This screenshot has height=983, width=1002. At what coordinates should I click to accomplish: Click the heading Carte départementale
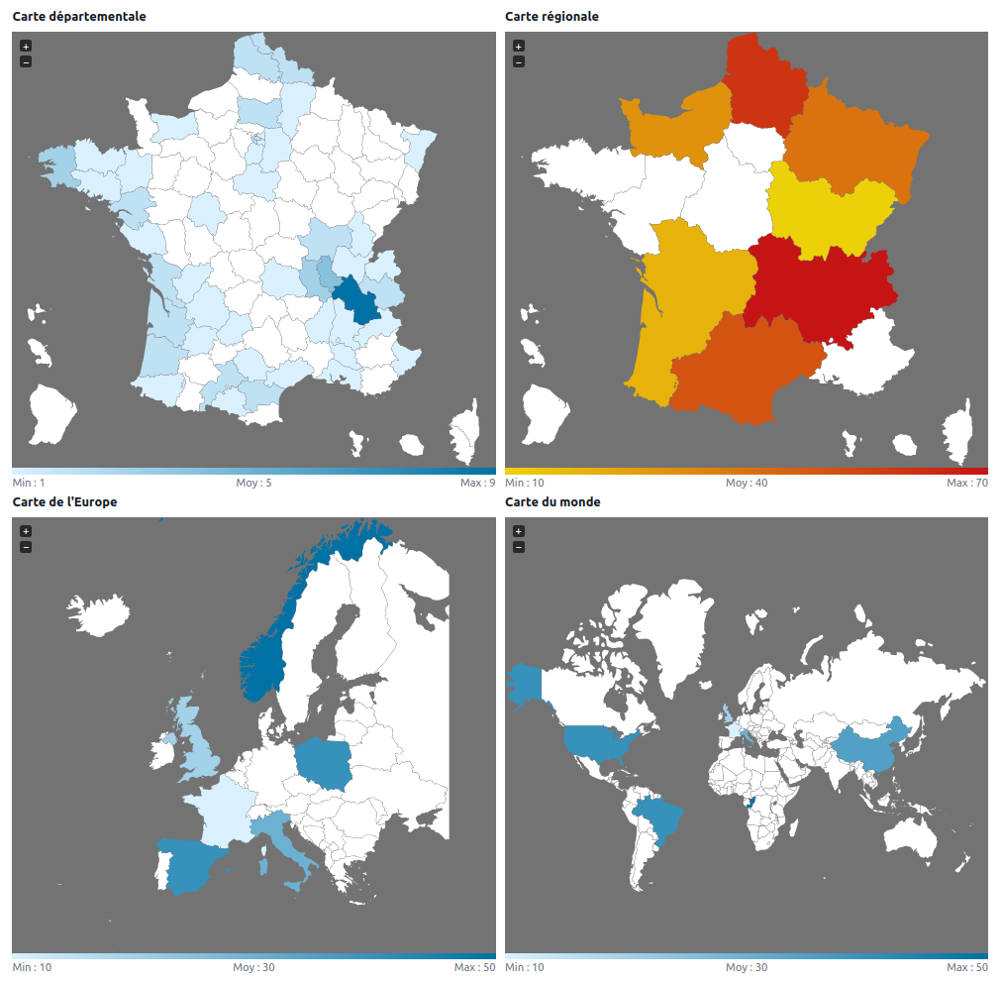pyautogui.click(x=79, y=17)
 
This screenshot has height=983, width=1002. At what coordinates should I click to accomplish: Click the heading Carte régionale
pyautogui.click(x=551, y=17)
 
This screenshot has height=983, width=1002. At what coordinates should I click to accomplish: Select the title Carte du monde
pyautogui.click(x=552, y=502)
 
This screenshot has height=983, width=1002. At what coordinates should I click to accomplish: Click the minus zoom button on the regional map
pyautogui.click(x=519, y=61)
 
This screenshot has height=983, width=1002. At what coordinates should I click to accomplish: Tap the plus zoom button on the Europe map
pyautogui.click(x=26, y=531)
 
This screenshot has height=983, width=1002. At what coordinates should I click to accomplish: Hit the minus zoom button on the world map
pyautogui.click(x=519, y=547)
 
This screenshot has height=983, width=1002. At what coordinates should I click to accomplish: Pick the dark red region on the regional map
pyautogui.click(x=817, y=287)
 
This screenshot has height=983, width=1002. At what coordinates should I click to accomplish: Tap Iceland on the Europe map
pyautogui.click(x=99, y=614)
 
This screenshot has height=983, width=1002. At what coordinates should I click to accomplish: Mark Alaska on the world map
pyautogui.click(x=526, y=684)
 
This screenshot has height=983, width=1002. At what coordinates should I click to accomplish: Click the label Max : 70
pyautogui.click(x=966, y=483)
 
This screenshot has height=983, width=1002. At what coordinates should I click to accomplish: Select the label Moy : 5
pyautogui.click(x=253, y=483)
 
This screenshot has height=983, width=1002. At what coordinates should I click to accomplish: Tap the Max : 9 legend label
pyautogui.click(x=477, y=483)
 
